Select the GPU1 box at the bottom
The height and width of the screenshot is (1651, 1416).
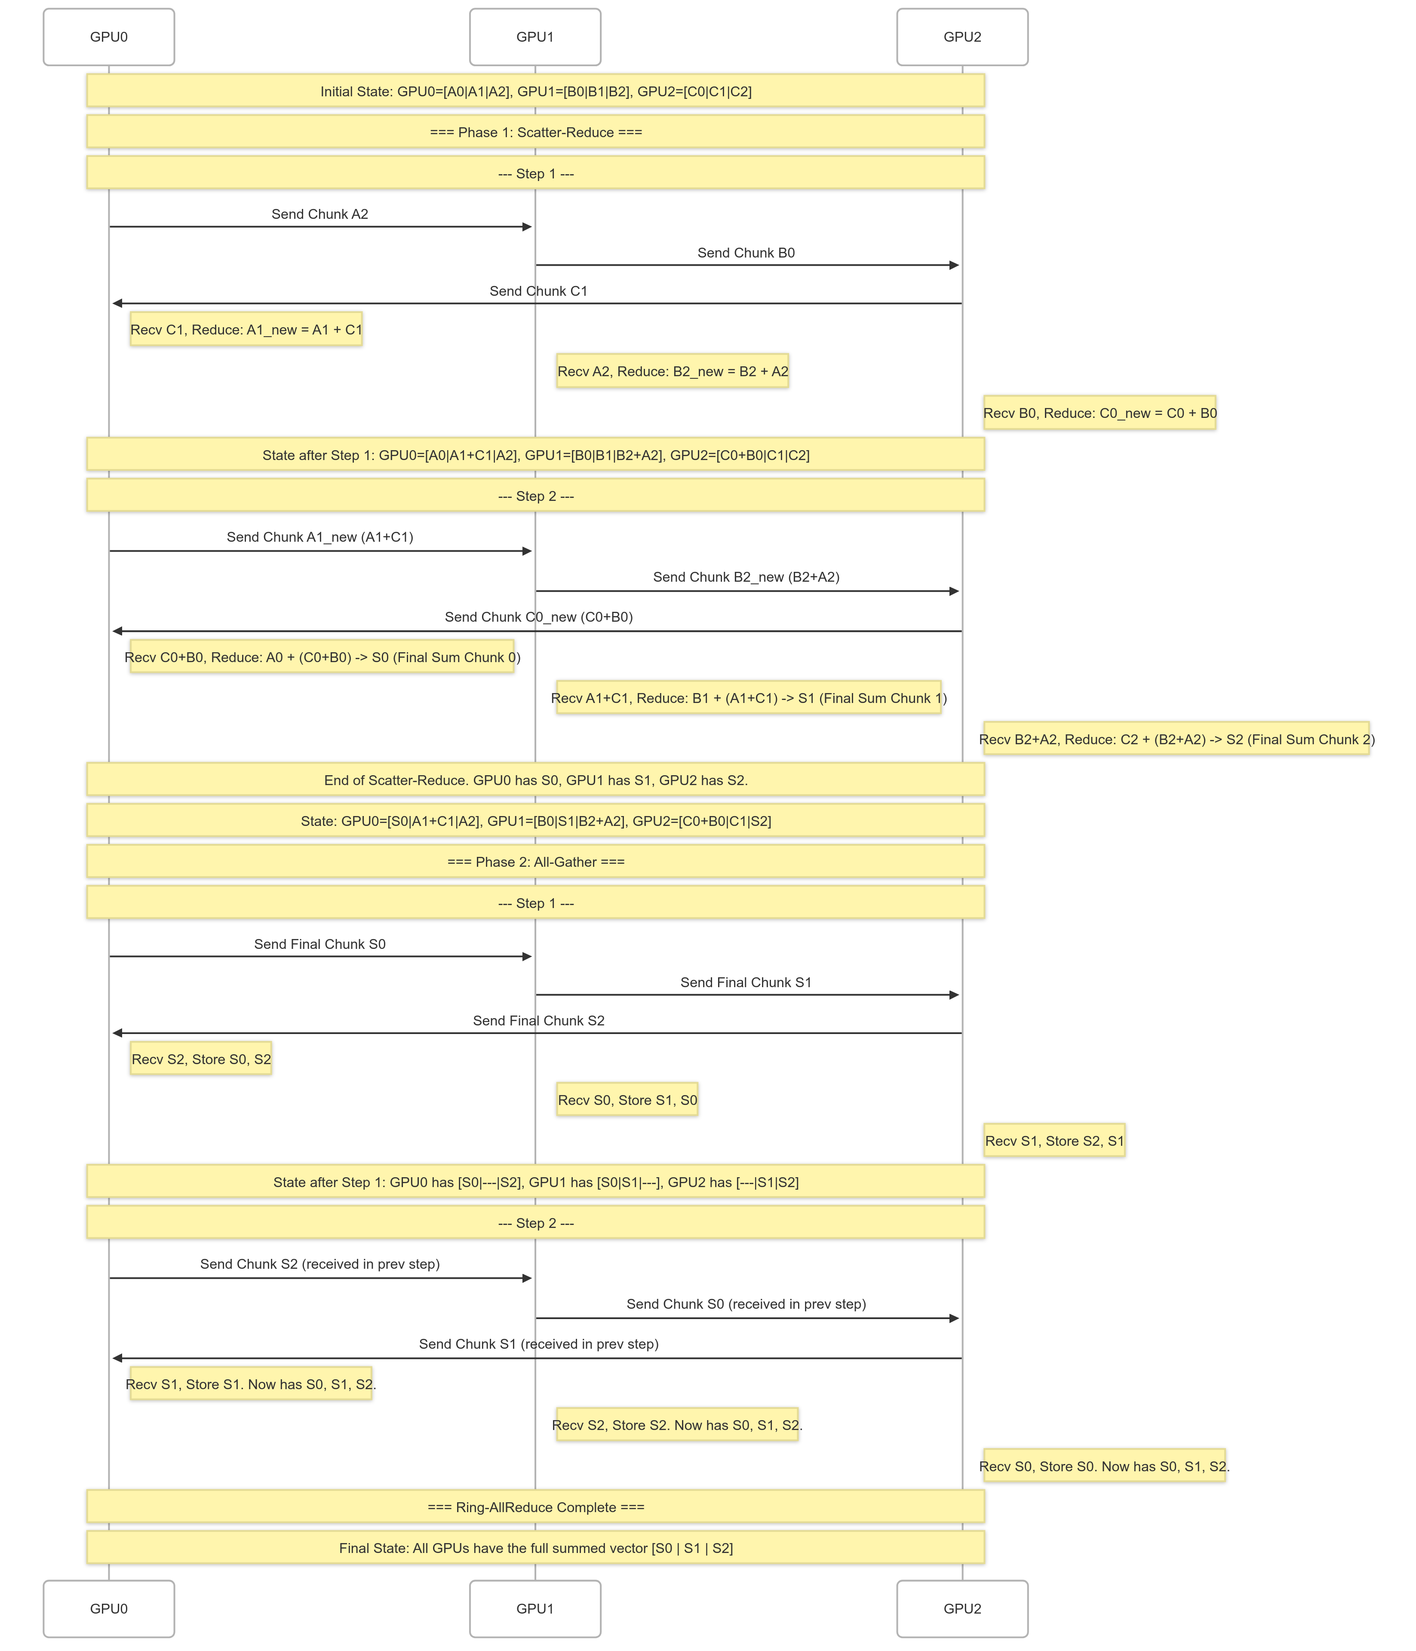[x=534, y=1608]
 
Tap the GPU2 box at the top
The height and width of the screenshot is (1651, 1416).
[x=962, y=37]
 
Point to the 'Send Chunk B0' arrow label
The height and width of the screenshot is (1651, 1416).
[x=746, y=252]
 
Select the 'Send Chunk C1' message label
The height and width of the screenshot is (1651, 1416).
[x=538, y=291]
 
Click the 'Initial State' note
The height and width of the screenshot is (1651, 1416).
[x=535, y=91]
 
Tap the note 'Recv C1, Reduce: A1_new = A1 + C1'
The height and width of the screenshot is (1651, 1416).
[x=246, y=329]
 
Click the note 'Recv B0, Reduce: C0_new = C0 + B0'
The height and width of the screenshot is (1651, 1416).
[x=1100, y=413]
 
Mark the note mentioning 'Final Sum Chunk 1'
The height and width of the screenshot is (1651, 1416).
[x=748, y=698]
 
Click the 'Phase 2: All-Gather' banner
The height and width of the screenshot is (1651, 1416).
[x=535, y=861]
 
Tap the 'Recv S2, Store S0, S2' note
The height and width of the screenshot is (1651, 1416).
[x=201, y=1059]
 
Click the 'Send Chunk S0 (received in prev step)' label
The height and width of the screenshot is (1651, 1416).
[x=746, y=1304]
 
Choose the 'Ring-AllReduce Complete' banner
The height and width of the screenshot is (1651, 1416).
[x=535, y=1507]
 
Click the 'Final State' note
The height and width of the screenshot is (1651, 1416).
[x=535, y=1547]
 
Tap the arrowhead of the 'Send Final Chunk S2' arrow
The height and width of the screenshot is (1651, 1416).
[x=117, y=1033]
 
